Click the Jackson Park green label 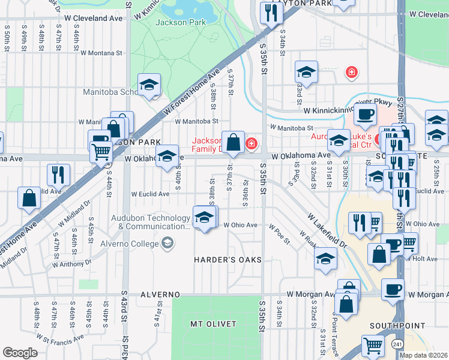point(180,22)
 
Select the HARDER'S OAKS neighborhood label point(228,259)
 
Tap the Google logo point(20,353)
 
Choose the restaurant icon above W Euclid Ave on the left point(58,175)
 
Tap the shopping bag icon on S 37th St point(234,142)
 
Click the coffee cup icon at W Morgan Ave point(393,289)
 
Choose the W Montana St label point(100,53)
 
